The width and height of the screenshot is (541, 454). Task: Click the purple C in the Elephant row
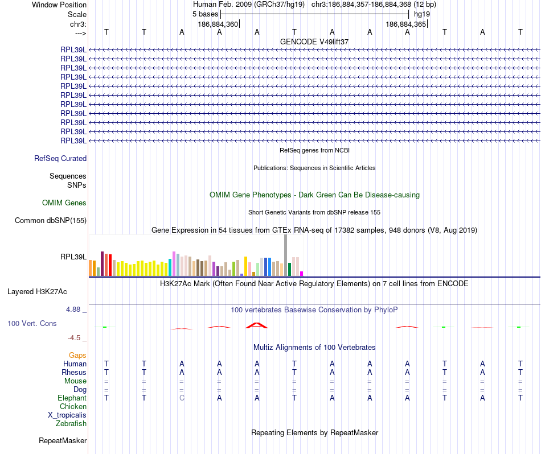[x=182, y=398]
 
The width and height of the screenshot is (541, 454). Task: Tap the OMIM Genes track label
[x=64, y=203]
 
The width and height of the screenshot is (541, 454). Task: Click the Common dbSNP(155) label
[x=51, y=221]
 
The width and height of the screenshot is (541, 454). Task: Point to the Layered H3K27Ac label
[x=37, y=292]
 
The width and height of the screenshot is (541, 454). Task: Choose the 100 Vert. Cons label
[x=32, y=324]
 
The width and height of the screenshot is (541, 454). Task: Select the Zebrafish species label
[x=71, y=424]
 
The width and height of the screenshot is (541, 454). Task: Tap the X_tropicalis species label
[x=67, y=415]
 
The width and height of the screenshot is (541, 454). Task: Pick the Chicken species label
[x=73, y=407]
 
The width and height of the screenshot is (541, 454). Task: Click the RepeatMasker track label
[x=63, y=441]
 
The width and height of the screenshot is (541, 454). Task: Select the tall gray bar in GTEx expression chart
[x=285, y=255]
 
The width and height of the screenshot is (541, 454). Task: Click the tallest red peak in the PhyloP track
[x=256, y=325]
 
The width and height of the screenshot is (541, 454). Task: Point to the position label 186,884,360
[x=218, y=24]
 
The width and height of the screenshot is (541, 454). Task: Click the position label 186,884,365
[x=405, y=24]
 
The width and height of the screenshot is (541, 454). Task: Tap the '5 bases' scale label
[x=206, y=14]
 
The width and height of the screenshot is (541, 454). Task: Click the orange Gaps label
[x=77, y=356]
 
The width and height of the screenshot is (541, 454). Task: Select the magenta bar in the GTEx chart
[x=302, y=274]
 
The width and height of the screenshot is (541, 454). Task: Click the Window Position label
[x=59, y=5]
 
